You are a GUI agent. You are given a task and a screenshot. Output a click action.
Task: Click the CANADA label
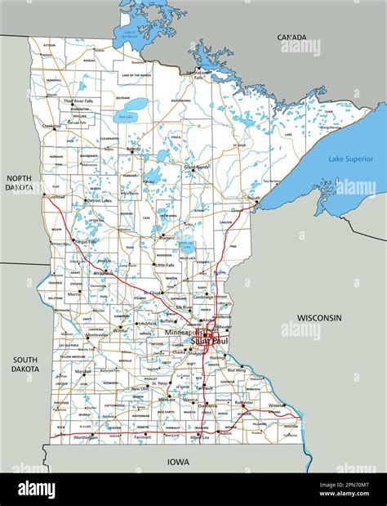pyautogui.click(x=291, y=37)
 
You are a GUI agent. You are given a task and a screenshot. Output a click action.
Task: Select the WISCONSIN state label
pyautogui.click(x=319, y=317)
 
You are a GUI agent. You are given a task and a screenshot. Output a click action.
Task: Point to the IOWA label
pyautogui.click(x=178, y=462)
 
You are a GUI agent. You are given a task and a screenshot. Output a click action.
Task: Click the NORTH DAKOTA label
pyautogui.click(x=19, y=182)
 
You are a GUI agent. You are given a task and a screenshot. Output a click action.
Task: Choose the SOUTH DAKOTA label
pyautogui.click(x=25, y=364)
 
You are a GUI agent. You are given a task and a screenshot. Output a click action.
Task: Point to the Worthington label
pyautogui.click(x=84, y=437)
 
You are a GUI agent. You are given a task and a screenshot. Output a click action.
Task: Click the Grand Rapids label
pyautogui.click(x=197, y=167)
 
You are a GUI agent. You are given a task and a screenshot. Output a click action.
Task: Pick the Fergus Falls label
pyautogui.click(x=84, y=242)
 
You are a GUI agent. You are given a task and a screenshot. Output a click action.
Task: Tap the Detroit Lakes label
pyautogui.click(x=100, y=200)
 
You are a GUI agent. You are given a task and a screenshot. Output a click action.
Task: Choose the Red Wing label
pyautogui.click(x=237, y=370)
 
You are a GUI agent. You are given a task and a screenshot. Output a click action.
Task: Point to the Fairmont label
pyautogui.click(x=142, y=437)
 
